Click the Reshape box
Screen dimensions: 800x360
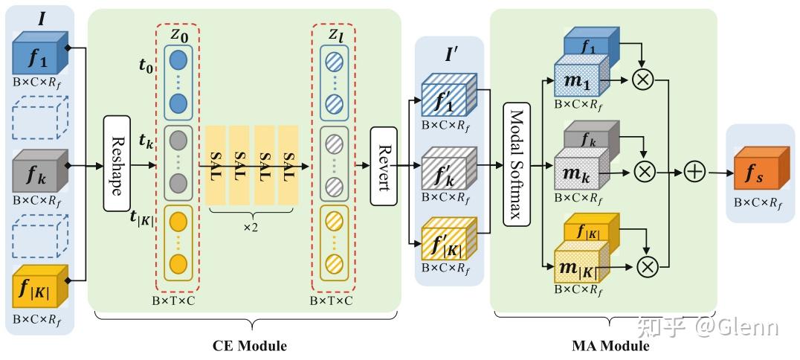point(117,164)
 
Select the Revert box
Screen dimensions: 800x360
point(383,166)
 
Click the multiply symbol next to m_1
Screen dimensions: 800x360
point(643,80)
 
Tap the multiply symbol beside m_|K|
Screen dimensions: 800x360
point(648,265)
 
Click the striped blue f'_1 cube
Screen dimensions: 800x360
point(449,96)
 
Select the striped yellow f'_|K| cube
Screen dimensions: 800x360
point(449,240)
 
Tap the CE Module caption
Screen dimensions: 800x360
point(250,346)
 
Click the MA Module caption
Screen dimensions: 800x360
point(610,346)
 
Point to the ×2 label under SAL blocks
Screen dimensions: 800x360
point(251,228)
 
